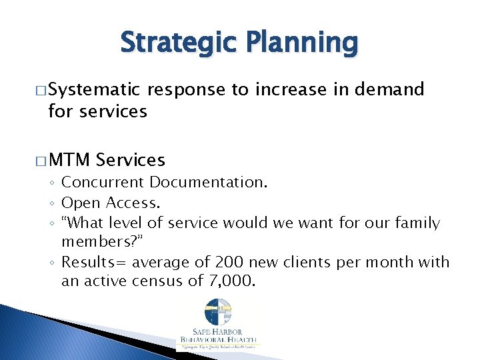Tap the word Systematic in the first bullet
94,89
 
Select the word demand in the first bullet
390,89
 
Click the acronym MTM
69,160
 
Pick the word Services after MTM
131,160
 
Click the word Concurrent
103,183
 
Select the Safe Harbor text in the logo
217,331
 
